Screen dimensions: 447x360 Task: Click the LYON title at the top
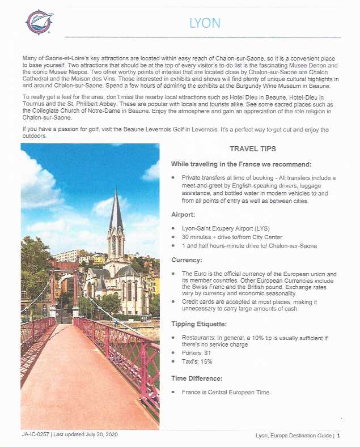tap(205, 23)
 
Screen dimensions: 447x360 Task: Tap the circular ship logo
tap(39, 22)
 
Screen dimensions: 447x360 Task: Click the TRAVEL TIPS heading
tap(253, 149)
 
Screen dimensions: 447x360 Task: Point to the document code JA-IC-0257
tap(33, 435)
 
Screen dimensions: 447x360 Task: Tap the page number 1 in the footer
tap(338, 436)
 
